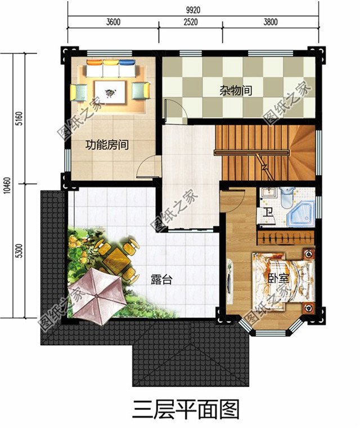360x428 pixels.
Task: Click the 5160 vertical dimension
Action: pos(19,119)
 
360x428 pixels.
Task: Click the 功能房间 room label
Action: pos(107,145)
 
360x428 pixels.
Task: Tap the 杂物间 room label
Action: pos(236,90)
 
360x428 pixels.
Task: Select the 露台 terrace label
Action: pos(161,279)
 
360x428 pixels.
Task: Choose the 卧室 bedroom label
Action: pos(275,278)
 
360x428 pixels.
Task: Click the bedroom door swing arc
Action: pos(232,200)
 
